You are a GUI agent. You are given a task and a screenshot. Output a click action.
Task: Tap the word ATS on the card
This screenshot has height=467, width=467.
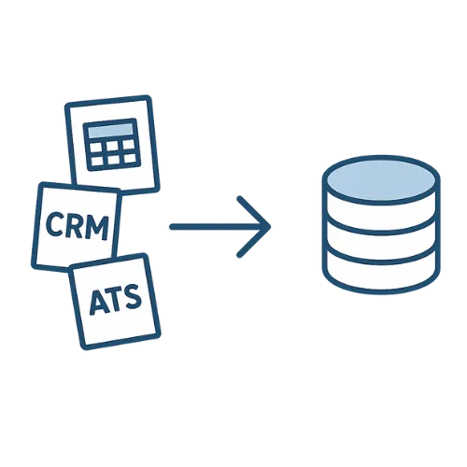pos(115,299)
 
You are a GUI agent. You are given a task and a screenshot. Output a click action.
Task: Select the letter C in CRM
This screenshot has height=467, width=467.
pos(55,223)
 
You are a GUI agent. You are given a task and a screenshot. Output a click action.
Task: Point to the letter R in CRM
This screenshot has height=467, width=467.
pos(75,224)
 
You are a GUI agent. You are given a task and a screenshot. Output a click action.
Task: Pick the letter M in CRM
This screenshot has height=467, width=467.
pos(98,227)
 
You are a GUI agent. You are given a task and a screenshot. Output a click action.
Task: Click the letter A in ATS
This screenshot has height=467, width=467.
pos(99,303)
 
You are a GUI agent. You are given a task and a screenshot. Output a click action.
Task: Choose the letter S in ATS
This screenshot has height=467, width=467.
pos(133,296)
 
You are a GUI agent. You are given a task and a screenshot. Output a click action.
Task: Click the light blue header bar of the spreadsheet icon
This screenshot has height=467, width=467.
pos(110,131)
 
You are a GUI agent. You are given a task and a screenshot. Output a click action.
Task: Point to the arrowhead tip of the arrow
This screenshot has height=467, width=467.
pos(270,227)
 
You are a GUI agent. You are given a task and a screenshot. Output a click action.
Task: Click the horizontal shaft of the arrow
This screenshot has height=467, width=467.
pos(218,227)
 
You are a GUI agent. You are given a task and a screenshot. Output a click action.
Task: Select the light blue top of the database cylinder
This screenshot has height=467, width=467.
pos(381,180)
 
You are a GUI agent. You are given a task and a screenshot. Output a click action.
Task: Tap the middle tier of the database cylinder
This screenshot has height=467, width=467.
pos(381,243)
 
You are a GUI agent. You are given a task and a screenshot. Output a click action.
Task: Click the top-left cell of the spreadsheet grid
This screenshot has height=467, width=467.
pos(96,149)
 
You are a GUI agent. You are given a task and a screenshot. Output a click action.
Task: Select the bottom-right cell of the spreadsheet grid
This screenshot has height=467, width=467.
pos(130,158)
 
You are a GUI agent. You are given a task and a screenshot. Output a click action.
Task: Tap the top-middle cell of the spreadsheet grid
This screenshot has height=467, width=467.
pos(112,147)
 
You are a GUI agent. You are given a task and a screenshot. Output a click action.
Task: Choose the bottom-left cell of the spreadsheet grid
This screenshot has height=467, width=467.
pos(97,162)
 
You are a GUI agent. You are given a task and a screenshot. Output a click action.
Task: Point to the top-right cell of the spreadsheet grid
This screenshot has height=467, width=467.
pos(128,145)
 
